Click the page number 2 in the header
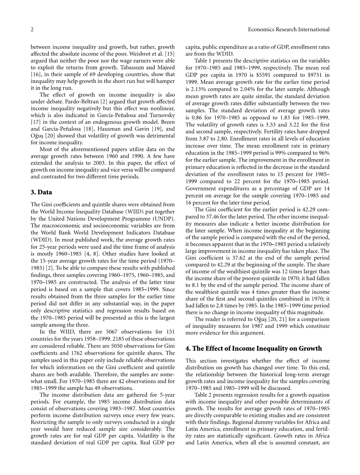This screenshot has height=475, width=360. pos(32,29)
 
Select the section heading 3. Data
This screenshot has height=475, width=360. pos(41,192)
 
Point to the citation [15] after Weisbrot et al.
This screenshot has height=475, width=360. pos(169,54)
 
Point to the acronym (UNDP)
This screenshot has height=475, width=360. pos(164,219)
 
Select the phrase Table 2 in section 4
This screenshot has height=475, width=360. pos(203,394)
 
